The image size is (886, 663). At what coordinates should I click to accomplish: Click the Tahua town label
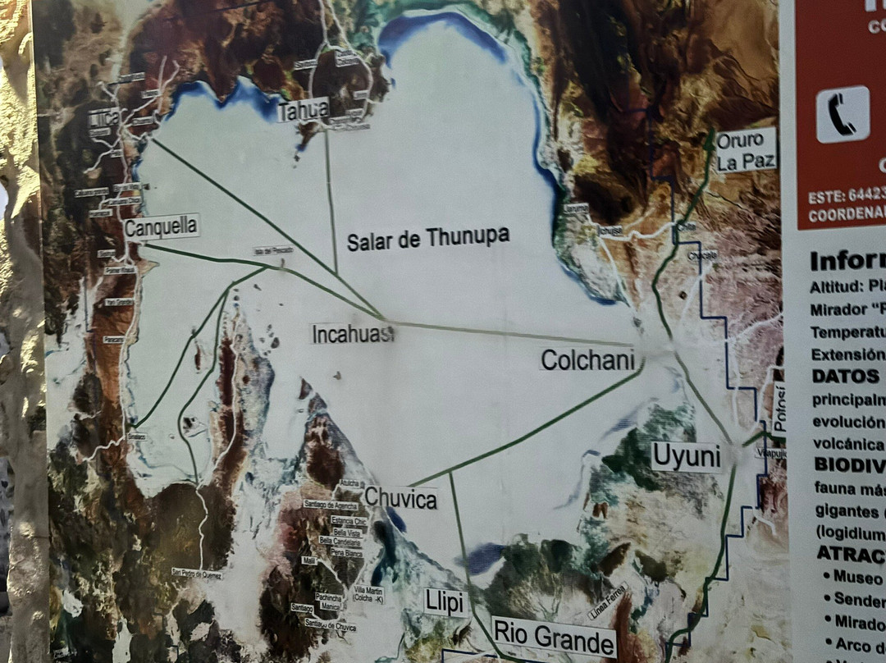point(303,110)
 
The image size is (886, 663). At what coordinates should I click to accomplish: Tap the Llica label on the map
point(104,118)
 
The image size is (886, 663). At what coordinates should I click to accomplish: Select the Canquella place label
point(162,226)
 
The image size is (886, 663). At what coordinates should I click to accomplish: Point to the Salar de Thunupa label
point(427,239)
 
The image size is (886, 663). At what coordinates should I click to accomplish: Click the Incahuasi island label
point(353,333)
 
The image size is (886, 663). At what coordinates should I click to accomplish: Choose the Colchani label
point(588,359)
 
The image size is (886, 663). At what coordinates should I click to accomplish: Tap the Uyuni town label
point(686,457)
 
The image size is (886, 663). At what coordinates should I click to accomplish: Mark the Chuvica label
point(400,498)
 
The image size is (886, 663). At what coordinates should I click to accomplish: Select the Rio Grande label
point(554,637)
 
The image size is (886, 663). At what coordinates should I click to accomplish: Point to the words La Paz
point(745,161)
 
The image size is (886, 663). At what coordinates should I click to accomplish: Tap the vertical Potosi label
point(779,408)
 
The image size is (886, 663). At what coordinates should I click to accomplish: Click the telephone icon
point(843,115)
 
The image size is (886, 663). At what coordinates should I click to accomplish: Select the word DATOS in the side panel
point(845,376)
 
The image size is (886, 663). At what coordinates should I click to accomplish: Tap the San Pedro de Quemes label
point(196,573)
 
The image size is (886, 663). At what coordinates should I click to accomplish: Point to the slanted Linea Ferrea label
point(607,601)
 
